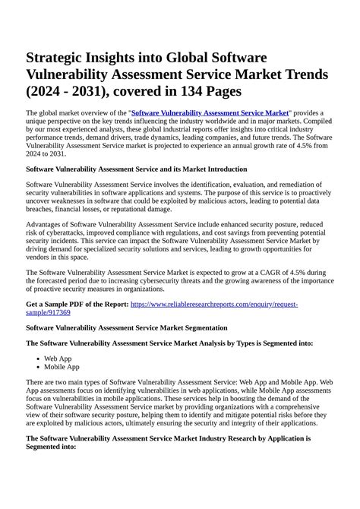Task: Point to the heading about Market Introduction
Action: [136, 169]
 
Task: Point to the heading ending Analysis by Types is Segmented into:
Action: [169, 343]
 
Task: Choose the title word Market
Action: [250, 74]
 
